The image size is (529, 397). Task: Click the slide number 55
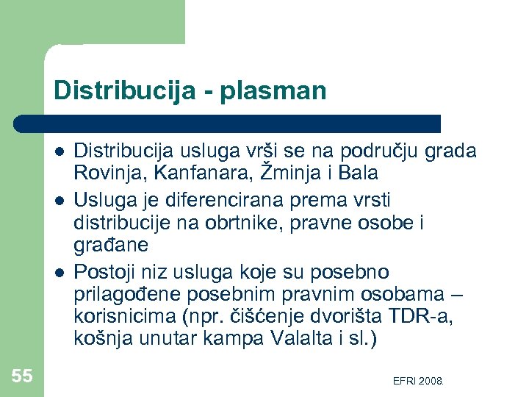pyautogui.click(x=22, y=376)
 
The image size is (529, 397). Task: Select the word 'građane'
pyautogui.click(x=111, y=244)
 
